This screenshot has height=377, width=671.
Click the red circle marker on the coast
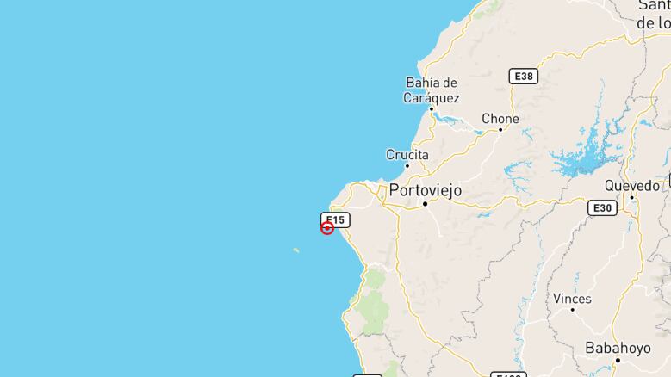coord(327,228)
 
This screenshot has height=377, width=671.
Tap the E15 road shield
coord(334,219)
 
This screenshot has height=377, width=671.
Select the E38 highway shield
coord(523,77)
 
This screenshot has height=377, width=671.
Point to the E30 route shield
coord(602,208)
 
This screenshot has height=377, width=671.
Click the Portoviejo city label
coord(426,189)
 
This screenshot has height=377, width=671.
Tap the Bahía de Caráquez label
coord(431,90)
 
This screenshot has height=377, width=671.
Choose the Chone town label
coord(500,119)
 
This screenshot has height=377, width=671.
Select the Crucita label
coord(407,155)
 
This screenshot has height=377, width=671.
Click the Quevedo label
coord(631,185)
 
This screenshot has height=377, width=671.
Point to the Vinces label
coord(572,299)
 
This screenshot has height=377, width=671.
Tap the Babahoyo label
coord(617,349)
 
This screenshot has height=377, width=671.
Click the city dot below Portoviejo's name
coord(425,204)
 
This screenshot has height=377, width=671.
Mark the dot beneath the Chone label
coord(500,130)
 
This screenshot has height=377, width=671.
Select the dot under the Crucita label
coord(407,166)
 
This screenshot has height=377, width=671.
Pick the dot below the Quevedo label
coord(631,197)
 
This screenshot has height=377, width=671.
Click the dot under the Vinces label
coord(572,310)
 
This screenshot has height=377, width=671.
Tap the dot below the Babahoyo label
coord(617,360)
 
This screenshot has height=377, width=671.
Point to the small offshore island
coord(296,250)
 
